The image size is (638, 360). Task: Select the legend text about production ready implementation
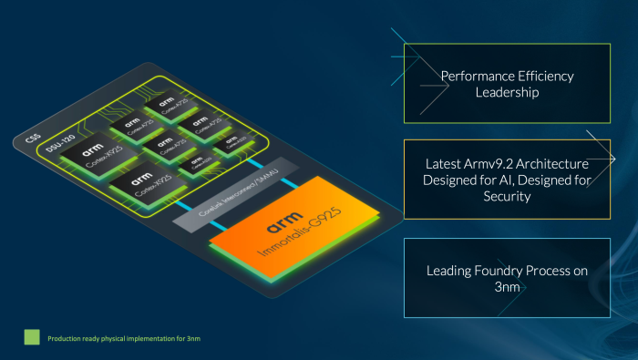pos(111,338)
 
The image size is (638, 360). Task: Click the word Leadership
pos(508,93)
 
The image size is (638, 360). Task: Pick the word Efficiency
pos(542,77)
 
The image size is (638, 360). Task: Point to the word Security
pos(507,196)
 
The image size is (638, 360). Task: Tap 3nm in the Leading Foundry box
pos(508,287)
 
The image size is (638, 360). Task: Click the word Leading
pos(452,271)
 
